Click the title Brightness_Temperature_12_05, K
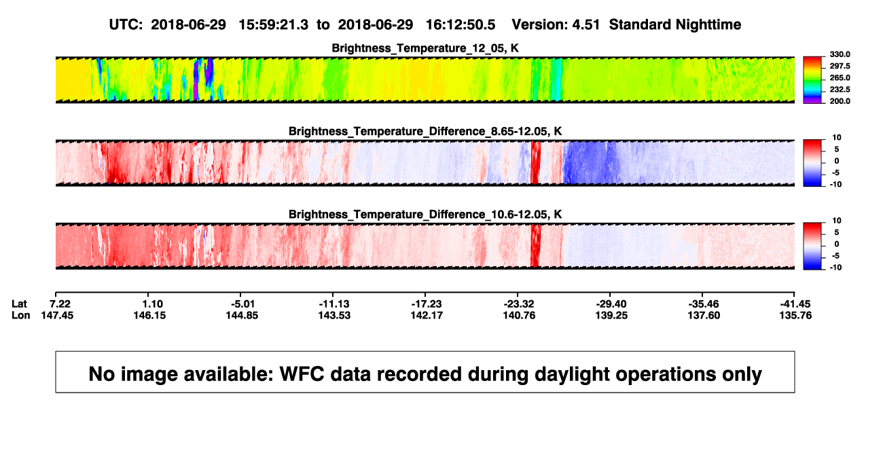click(x=425, y=48)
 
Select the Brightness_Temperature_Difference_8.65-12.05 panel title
click(x=425, y=131)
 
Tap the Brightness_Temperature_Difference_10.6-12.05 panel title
click(x=425, y=215)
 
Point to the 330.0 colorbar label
click(x=840, y=54)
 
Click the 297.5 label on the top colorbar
click(x=840, y=66)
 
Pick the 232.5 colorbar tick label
click(x=840, y=90)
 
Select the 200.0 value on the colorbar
click(x=840, y=101)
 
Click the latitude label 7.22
click(x=60, y=304)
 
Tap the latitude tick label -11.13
click(x=334, y=304)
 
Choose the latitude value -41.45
click(x=795, y=304)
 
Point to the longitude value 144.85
click(x=242, y=315)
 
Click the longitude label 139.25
click(x=611, y=315)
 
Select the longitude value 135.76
click(x=795, y=315)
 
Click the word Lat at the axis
click(x=19, y=304)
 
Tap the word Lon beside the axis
click(x=21, y=315)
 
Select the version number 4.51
click(x=586, y=25)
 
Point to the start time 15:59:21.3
click(x=274, y=25)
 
